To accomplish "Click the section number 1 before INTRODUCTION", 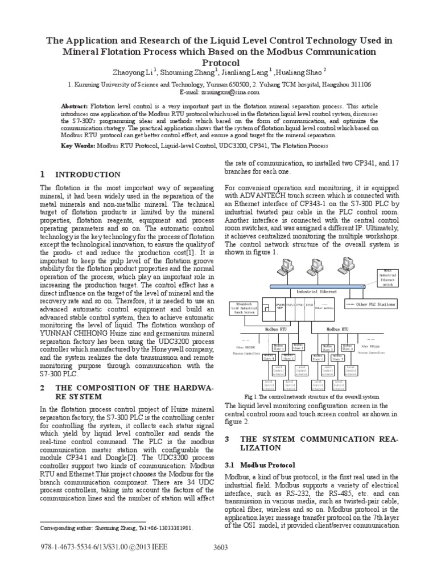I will [43, 174].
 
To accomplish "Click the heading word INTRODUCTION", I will [88, 175].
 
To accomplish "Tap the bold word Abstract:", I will [74, 106].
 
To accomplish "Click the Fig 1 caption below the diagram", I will [311, 396].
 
